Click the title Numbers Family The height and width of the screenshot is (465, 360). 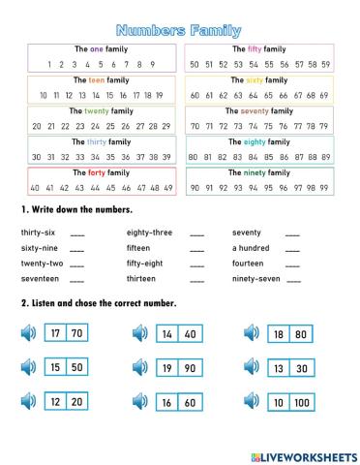pos(179,31)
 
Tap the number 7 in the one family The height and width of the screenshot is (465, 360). pos(130,65)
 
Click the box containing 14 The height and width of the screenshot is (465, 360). pos(166,334)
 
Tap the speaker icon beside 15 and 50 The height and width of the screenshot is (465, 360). pos(27,368)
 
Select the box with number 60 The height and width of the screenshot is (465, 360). pos(190,401)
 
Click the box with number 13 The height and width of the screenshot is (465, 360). pos(278,368)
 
